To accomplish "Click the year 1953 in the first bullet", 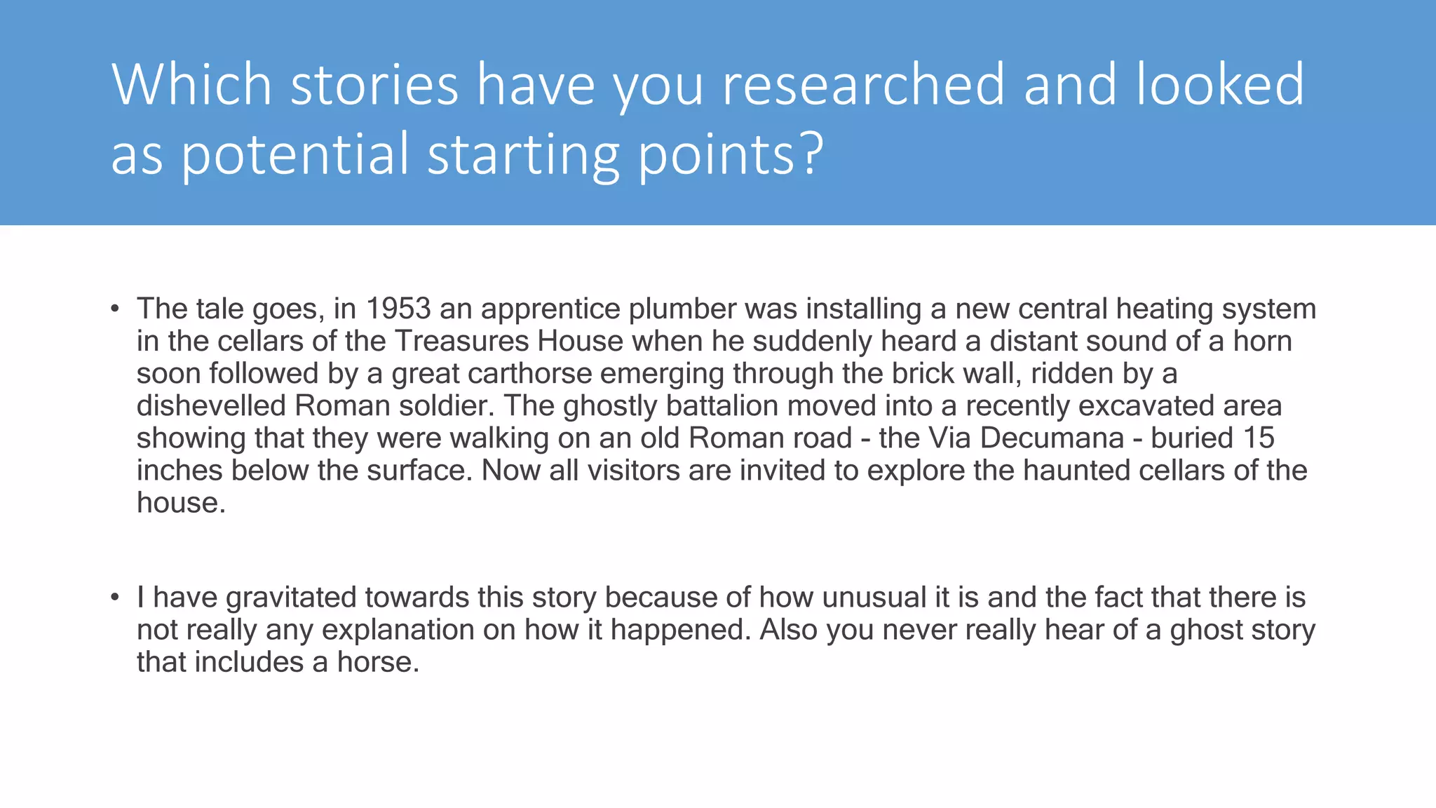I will coord(398,309).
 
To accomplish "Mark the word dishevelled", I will coord(211,405).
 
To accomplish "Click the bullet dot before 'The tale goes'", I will coord(114,309).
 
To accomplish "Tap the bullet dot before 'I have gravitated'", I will coord(114,598).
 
